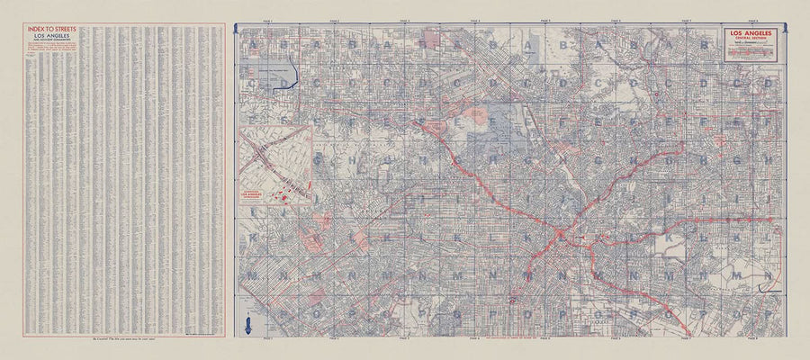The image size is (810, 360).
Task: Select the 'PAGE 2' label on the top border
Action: click(334, 20)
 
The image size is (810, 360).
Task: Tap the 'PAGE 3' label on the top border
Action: click(404, 20)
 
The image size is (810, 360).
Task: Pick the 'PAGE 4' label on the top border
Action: click(475, 20)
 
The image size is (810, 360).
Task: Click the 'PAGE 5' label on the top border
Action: click(545, 20)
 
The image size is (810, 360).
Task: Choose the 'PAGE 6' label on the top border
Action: click(616, 20)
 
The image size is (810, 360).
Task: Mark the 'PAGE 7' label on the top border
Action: click(687, 20)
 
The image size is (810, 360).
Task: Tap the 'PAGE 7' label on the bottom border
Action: click(687, 340)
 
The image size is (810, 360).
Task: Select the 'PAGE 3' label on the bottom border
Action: click(404, 340)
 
